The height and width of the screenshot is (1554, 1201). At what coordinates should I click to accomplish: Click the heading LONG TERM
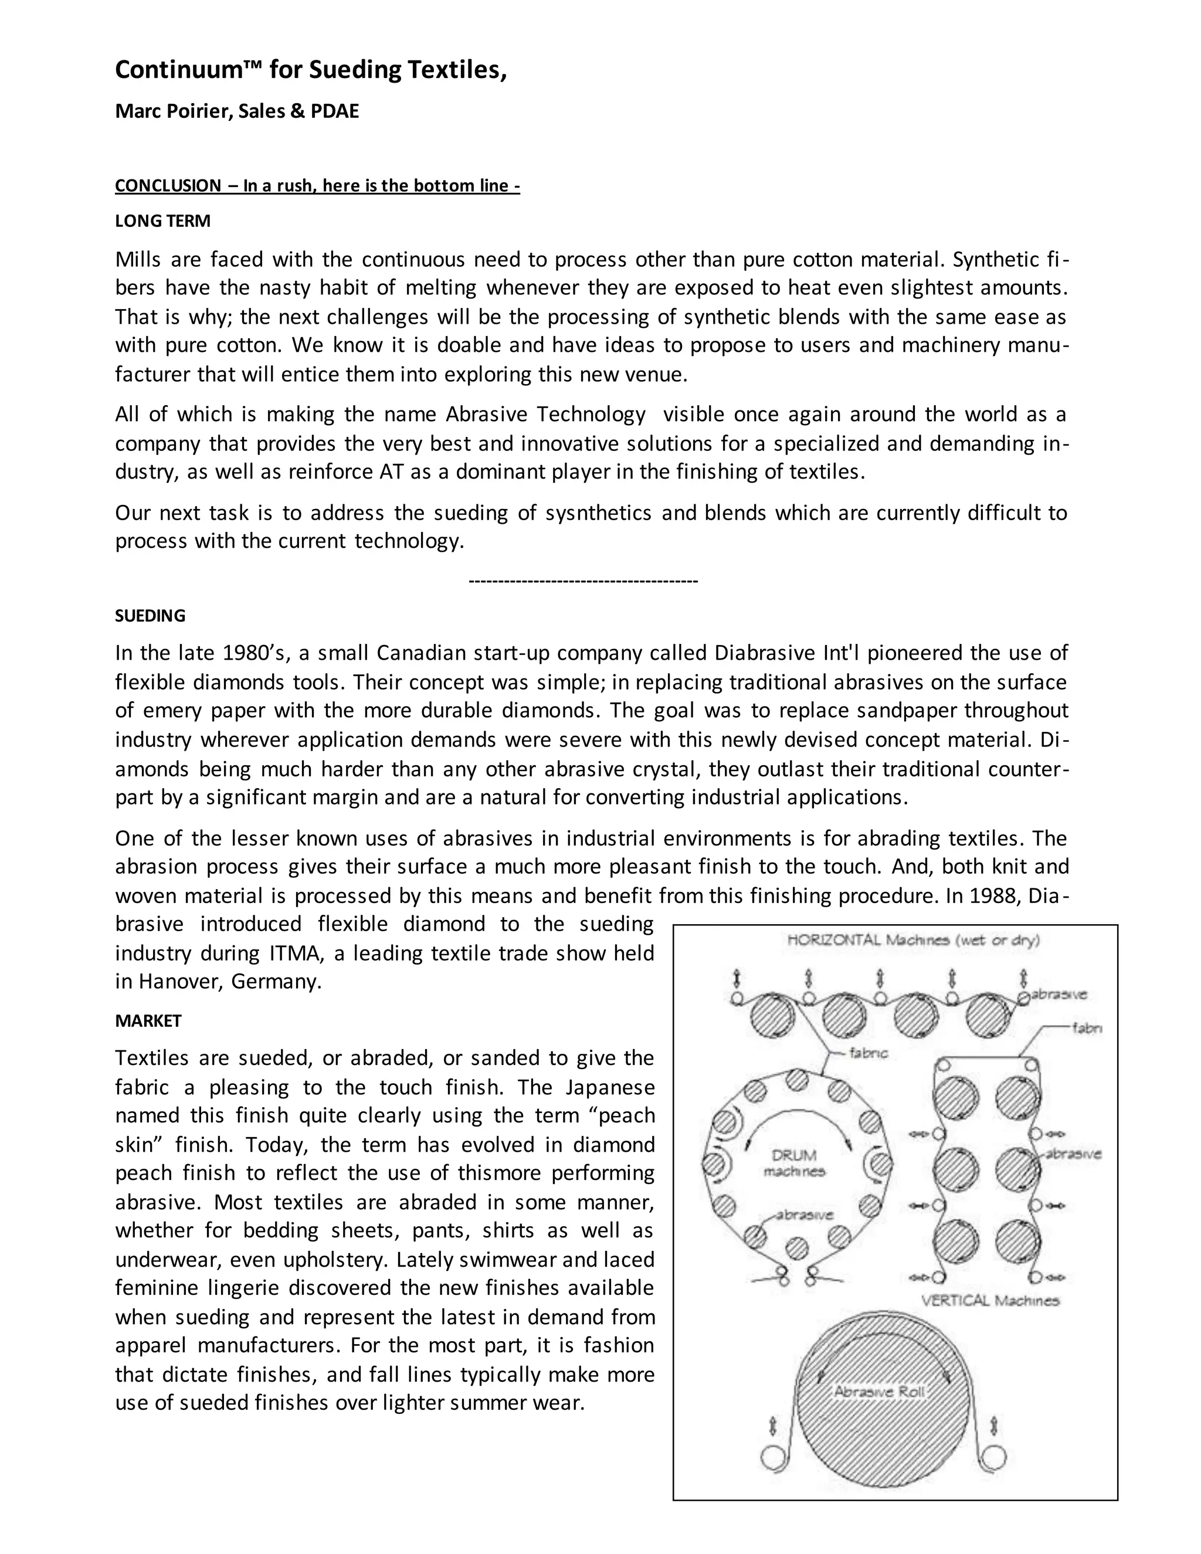162,220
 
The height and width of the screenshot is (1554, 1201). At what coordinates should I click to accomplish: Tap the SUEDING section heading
150,616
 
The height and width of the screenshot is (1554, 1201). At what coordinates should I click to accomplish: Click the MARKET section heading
148,1020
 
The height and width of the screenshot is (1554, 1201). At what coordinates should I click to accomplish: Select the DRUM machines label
794,1163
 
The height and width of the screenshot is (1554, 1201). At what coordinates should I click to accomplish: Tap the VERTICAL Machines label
990,1301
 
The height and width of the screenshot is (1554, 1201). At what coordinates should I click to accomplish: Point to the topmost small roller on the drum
797,1080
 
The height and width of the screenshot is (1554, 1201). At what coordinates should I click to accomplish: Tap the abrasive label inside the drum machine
804,1214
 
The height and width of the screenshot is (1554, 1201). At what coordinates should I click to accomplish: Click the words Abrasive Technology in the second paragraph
546,414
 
